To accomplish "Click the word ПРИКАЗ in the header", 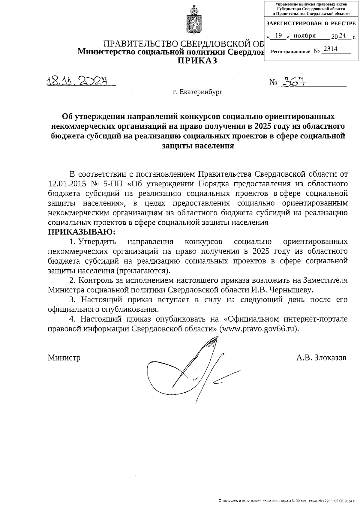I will coord(197,61).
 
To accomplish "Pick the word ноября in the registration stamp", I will coord(304,36).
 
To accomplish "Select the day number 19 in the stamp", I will coord(279,36).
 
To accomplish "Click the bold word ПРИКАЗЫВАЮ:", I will coord(82,232).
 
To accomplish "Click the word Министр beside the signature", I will coord(64,358).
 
